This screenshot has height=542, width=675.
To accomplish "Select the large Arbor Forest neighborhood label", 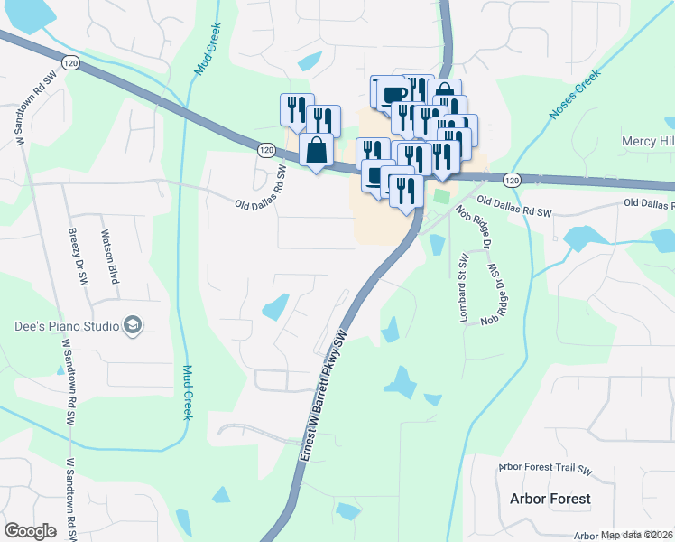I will pos(550,499).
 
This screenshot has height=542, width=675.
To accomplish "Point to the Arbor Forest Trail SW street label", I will pos(544,470).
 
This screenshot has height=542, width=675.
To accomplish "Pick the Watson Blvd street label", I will pos(108,256).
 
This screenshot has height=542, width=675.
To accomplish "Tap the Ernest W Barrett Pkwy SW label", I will pos(326,398).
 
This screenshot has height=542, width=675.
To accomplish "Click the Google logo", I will pos(30,531).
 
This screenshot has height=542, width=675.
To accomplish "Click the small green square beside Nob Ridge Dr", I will pos(440,196).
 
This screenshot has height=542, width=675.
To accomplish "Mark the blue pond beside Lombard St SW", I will pos(438,244).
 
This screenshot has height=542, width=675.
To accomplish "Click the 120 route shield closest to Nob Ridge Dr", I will pos(513,181).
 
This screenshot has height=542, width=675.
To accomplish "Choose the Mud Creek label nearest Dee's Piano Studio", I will pos(188,392).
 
